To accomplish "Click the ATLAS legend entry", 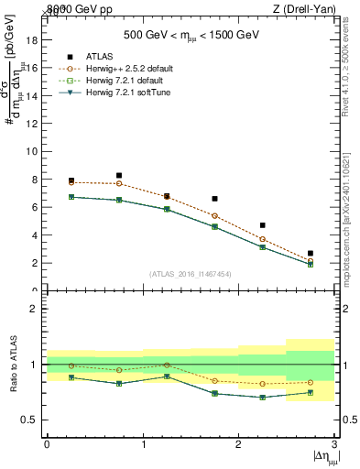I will [96, 57].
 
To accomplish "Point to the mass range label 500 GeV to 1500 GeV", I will [191, 36].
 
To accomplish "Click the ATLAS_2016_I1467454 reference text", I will [191, 273].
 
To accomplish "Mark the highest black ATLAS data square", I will [119, 175].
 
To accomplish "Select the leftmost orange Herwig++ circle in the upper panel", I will [71, 182].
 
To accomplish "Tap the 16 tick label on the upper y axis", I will [33, 68].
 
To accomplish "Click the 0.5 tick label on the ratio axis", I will [31, 420].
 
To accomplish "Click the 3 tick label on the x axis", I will [334, 444].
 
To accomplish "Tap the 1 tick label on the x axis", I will [143, 444].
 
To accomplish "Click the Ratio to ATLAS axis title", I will [13, 364].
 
